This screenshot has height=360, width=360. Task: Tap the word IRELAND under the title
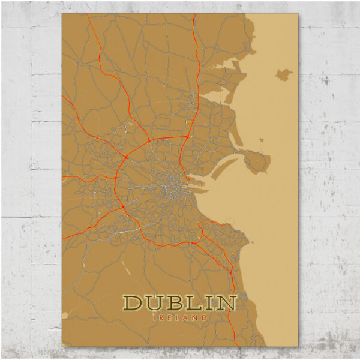pos(180,317)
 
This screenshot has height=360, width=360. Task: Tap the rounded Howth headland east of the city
pos(257,161)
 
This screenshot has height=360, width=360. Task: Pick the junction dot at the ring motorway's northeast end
pos(187,137)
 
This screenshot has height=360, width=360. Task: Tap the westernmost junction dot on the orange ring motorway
pos(115,178)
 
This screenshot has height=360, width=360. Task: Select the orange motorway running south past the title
pos(230,312)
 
